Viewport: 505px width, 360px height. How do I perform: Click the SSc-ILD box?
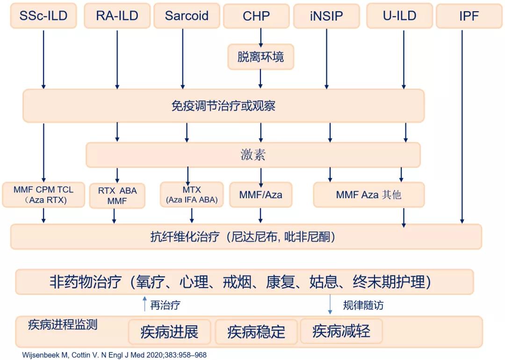[43, 16]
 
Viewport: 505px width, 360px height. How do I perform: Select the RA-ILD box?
[117, 16]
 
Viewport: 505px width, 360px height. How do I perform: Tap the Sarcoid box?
[187, 16]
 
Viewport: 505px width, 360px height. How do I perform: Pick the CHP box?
[256, 16]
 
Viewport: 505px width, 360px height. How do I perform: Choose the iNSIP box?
[326, 16]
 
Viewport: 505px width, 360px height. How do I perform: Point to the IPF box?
[469, 16]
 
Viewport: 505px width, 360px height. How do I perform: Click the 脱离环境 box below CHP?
[260, 57]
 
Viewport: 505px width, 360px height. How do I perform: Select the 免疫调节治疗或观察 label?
[224, 106]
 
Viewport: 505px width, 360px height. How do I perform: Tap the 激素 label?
[253, 155]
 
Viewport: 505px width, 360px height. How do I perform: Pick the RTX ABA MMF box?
[117, 196]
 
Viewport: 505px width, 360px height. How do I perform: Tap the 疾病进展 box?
[169, 332]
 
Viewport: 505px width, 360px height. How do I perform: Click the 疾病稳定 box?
[256, 332]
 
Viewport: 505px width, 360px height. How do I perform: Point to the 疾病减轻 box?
[341, 331]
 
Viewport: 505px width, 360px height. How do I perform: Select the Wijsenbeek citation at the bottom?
[115, 355]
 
